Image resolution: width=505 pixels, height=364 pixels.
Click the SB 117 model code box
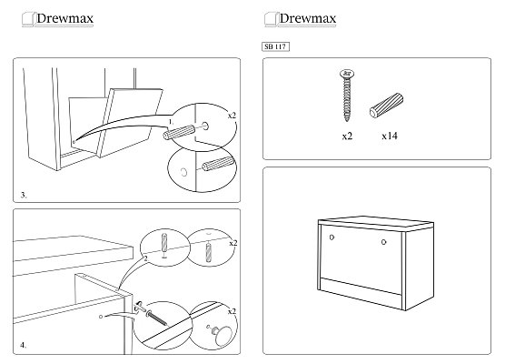point(275,46)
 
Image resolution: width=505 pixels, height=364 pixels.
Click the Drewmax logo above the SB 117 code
point(300,19)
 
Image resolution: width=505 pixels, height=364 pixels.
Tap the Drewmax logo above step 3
point(57,19)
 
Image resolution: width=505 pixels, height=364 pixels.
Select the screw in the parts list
point(347,96)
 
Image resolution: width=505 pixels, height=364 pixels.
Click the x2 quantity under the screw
point(347,136)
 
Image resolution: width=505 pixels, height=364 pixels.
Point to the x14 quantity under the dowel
point(390,136)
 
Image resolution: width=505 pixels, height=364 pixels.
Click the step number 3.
point(24,195)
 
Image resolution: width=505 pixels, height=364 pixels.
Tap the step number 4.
point(24,345)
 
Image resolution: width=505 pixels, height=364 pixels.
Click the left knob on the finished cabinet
point(332,238)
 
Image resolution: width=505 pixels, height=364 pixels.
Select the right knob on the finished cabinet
point(383,242)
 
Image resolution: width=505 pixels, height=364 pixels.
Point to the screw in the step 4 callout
point(157,318)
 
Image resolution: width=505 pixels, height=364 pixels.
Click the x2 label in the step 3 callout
point(232,116)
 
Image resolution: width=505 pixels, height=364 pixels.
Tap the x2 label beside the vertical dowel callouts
point(233,243)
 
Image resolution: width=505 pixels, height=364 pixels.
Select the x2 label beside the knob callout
point(232,311)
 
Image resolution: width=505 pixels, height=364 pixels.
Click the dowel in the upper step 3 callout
point(179,132)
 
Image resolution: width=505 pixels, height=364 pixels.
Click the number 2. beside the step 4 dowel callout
point(146,258)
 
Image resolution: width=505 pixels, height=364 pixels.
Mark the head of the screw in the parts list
point(347,73)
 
